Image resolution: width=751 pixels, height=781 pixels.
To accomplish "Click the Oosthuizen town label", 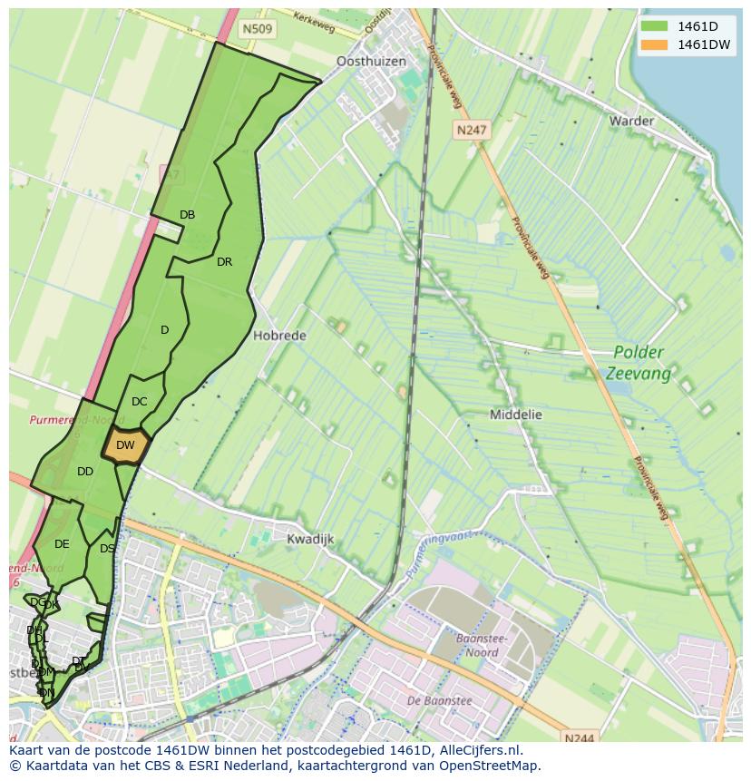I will click(x=371, y=62).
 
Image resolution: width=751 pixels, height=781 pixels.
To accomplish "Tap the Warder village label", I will click(x=631, y=121).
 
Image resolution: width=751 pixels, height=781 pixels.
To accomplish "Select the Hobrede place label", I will click(x=279, y=336).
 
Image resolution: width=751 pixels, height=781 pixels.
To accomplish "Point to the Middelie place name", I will click(x=515, y=415).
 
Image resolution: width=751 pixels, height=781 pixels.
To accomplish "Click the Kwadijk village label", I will click(x=310, y=539).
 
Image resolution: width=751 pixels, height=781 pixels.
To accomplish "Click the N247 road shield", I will click(x=471, y=130).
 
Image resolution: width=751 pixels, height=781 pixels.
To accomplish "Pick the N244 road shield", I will click(x=578, y=738).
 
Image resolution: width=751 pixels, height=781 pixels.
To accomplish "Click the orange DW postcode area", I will click(x=125, y=445).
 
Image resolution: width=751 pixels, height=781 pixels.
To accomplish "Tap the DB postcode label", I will click(x=187, y=215).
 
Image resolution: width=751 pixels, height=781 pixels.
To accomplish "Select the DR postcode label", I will click(x=224, y=262).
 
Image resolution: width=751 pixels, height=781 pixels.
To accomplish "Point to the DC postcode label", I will click(x=139, y=402).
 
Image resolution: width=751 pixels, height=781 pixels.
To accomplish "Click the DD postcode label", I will click(x=85, y=472).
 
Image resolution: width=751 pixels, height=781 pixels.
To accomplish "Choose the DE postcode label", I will click(x=62, y=544).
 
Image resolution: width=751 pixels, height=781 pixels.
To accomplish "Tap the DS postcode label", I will click(x=107, y=549).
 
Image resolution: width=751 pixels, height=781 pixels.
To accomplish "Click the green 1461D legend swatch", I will click(x=654, y=26).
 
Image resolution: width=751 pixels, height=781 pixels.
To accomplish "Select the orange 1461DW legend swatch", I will click(x=654, y=44).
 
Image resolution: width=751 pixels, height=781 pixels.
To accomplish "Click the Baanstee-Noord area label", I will click(x=481, y=645).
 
